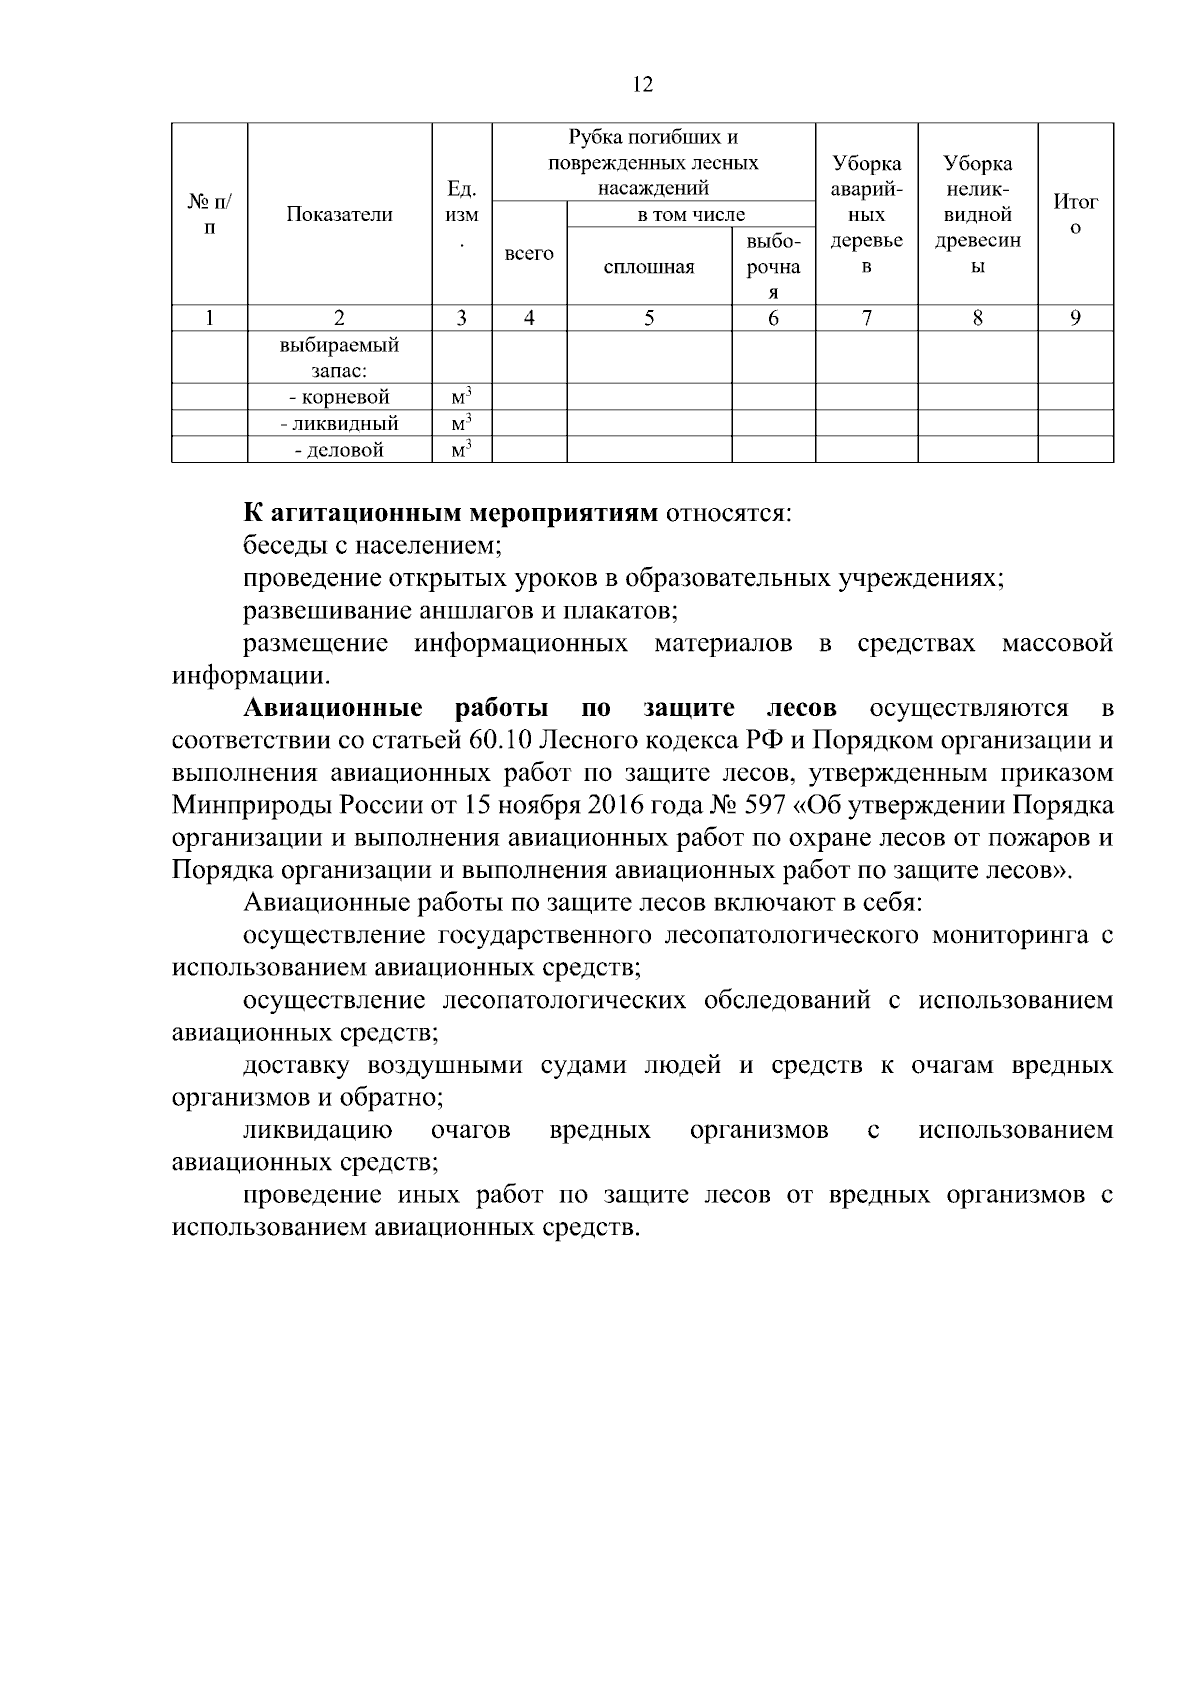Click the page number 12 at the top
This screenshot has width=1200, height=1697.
point(643,85)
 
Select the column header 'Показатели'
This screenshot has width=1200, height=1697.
point(339,214)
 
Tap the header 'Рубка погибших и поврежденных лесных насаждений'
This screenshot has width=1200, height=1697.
point(653,162)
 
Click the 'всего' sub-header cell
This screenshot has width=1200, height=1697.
point(529,254)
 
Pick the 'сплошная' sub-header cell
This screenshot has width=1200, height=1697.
point(649,266)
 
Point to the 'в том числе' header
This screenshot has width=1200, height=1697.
point(691,214)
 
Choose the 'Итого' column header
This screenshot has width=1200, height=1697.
point(1075,214)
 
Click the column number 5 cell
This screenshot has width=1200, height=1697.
point(649,318)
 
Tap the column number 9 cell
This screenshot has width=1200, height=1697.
point(1075,318)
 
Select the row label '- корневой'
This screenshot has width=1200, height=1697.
point(339,397)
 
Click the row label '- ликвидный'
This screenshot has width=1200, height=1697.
point(339,424)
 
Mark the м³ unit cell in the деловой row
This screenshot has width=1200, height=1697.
point(461,450)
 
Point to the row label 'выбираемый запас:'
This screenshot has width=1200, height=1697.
point(339,357)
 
